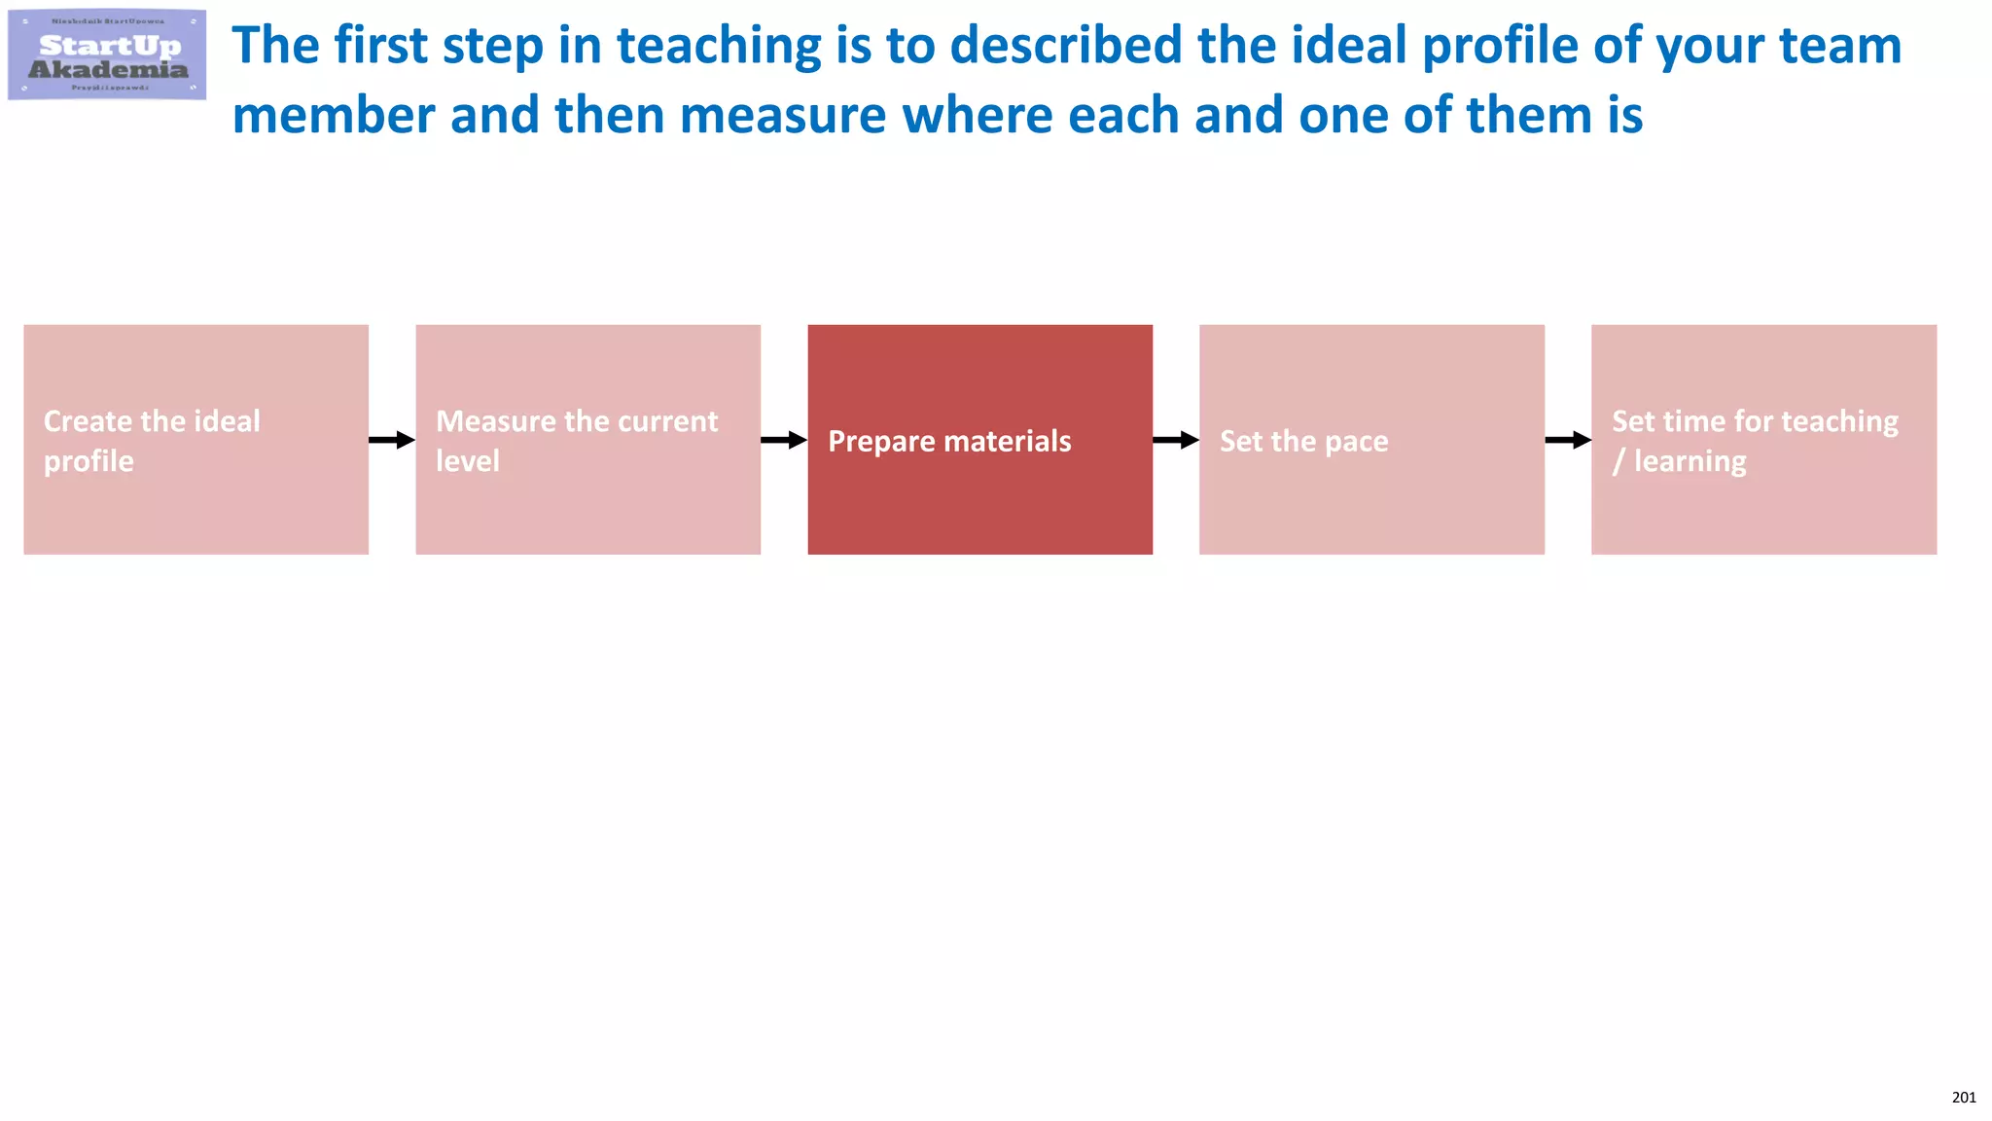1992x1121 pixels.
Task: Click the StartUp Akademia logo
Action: click(107, 54)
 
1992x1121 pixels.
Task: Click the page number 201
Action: click(1963, 1098)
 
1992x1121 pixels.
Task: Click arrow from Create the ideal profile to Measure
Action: click(392, 440)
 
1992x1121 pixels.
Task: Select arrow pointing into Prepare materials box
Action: click(784, 440)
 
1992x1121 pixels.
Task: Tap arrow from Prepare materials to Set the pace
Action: click(1176, 440)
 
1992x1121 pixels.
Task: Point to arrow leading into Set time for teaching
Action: click(1568, 440)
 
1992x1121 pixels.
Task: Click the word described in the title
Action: click(1065, 47)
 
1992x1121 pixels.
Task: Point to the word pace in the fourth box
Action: click(1356, 442)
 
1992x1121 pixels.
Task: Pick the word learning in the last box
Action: click(1690, 462)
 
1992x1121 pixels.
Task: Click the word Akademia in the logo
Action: click(108, 70)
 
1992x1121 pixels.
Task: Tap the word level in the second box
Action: click(467, 461)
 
